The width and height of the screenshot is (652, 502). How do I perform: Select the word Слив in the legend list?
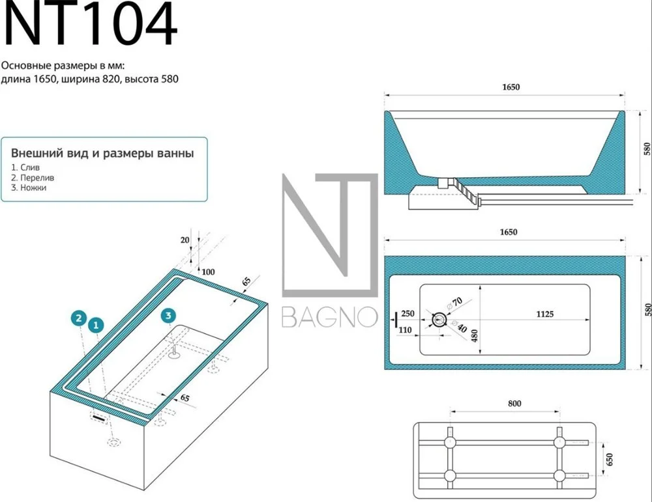(x=30, y=168)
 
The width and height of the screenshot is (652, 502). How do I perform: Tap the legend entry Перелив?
(x=37, y=178)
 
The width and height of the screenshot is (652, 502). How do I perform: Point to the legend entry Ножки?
(x=33, y=188)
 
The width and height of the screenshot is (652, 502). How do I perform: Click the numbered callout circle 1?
(x=96, y=325)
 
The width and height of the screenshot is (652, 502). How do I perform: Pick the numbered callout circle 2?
(x=79, y=318)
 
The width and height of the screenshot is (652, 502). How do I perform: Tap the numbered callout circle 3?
(x=168, y=316)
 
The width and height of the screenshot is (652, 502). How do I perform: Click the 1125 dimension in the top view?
(x=544, y=314)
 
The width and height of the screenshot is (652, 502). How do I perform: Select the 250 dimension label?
(x=407, y=313)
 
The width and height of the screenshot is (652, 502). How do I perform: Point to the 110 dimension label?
(x=405, y=330)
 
